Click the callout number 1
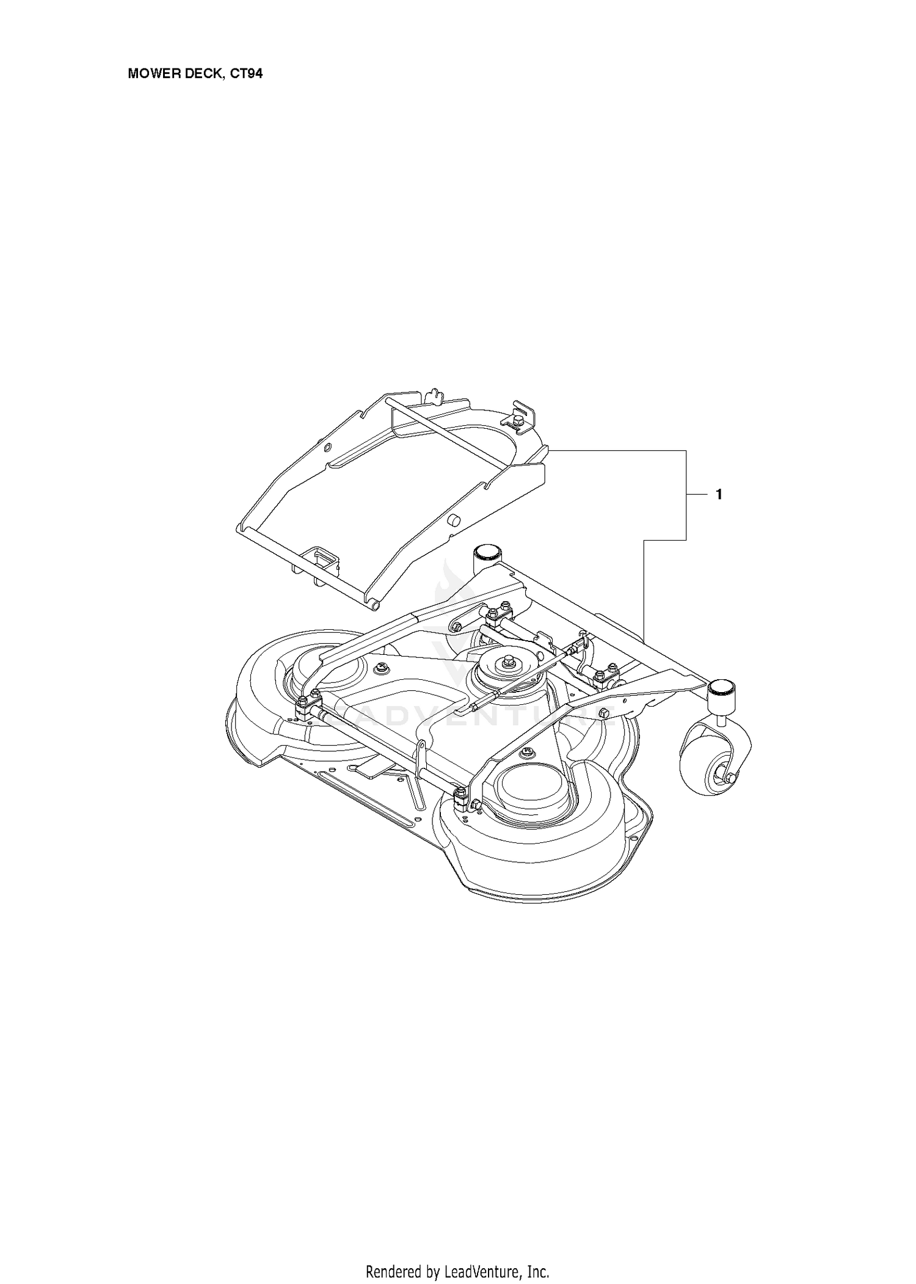click(x=719, y=495)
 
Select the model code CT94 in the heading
click(x=247, y=74)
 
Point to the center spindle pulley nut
click(x=507, y=660)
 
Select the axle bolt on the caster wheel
click(x=732, y=776)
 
